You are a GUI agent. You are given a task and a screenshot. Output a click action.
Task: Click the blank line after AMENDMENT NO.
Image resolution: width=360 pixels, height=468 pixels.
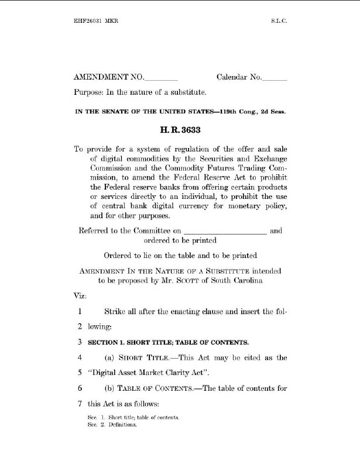160,78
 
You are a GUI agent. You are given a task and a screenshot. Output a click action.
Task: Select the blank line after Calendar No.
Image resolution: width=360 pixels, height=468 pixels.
275,78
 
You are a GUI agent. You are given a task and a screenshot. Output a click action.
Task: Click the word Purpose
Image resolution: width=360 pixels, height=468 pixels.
87,92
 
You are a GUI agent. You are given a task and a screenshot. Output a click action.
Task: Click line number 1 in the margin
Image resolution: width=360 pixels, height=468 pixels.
79,311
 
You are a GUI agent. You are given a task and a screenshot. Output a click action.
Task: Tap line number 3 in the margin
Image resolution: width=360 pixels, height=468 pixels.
79,341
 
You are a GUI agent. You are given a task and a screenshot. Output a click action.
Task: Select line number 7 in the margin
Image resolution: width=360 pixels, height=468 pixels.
79,404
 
